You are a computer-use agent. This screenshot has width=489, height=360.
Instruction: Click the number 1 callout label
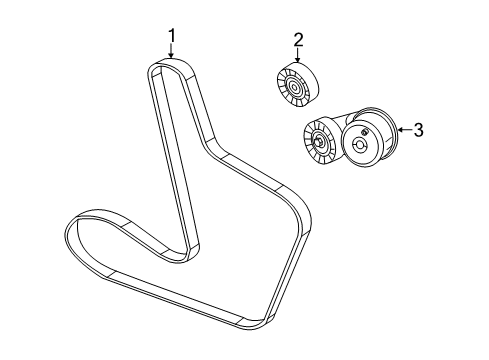172,37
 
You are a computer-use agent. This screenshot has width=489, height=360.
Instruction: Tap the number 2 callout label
298,40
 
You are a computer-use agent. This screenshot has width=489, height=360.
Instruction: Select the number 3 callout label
419,128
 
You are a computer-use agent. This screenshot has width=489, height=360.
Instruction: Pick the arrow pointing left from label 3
402,128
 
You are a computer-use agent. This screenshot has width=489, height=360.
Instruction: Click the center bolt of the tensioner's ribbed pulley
318,142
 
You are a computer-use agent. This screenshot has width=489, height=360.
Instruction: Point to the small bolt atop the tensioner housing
366,131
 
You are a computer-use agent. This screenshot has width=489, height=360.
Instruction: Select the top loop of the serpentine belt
171,65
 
